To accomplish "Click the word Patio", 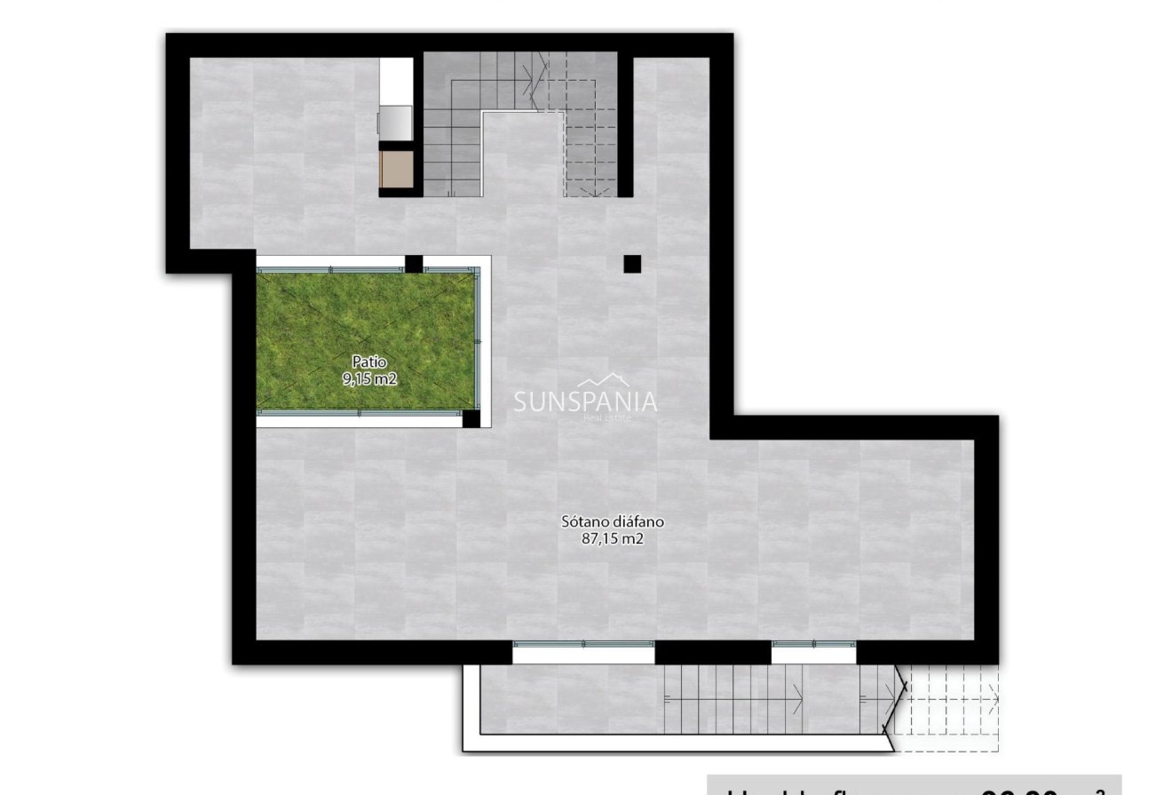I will [368, 362].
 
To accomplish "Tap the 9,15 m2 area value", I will [368, 378].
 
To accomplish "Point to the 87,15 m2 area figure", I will [612, 538].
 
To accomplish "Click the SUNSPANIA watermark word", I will [586, 402].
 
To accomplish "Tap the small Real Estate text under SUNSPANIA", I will [606, 417].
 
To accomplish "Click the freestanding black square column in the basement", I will [632, 264].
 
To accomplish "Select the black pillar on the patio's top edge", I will [414, 264].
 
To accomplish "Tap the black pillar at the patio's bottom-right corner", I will [471, 418].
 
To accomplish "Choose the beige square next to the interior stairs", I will [395, 169].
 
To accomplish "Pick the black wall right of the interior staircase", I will [625, 124].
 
